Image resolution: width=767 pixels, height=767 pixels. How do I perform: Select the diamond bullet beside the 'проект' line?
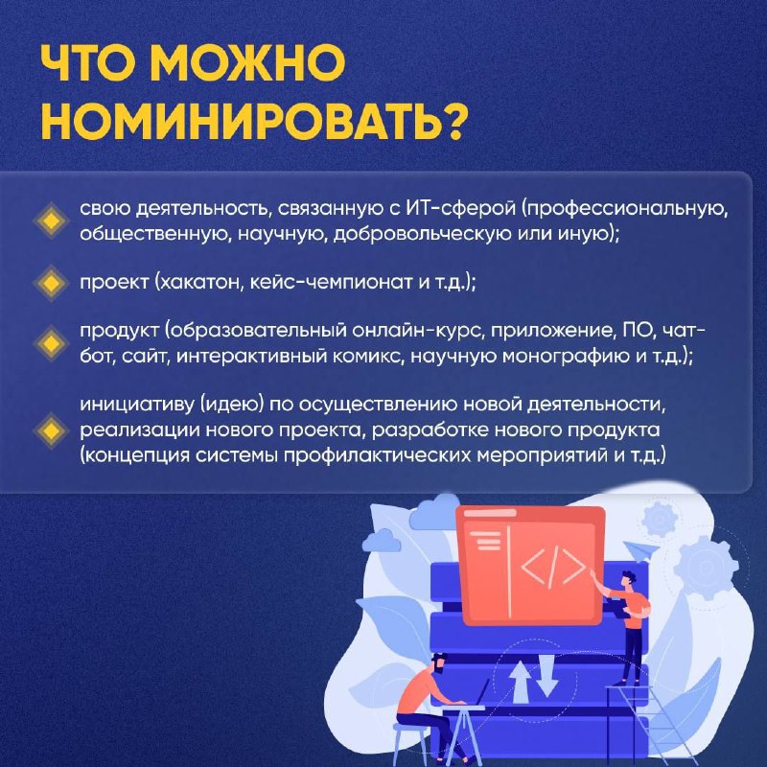coord(51,283)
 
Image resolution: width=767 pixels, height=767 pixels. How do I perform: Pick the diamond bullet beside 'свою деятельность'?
coord(51,221)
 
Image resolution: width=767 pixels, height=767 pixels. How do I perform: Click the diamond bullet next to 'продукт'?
coord(51,343)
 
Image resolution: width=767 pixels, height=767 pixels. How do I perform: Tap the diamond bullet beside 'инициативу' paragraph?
coord(51,430)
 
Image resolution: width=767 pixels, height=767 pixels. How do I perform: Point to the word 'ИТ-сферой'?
coord(461,209)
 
